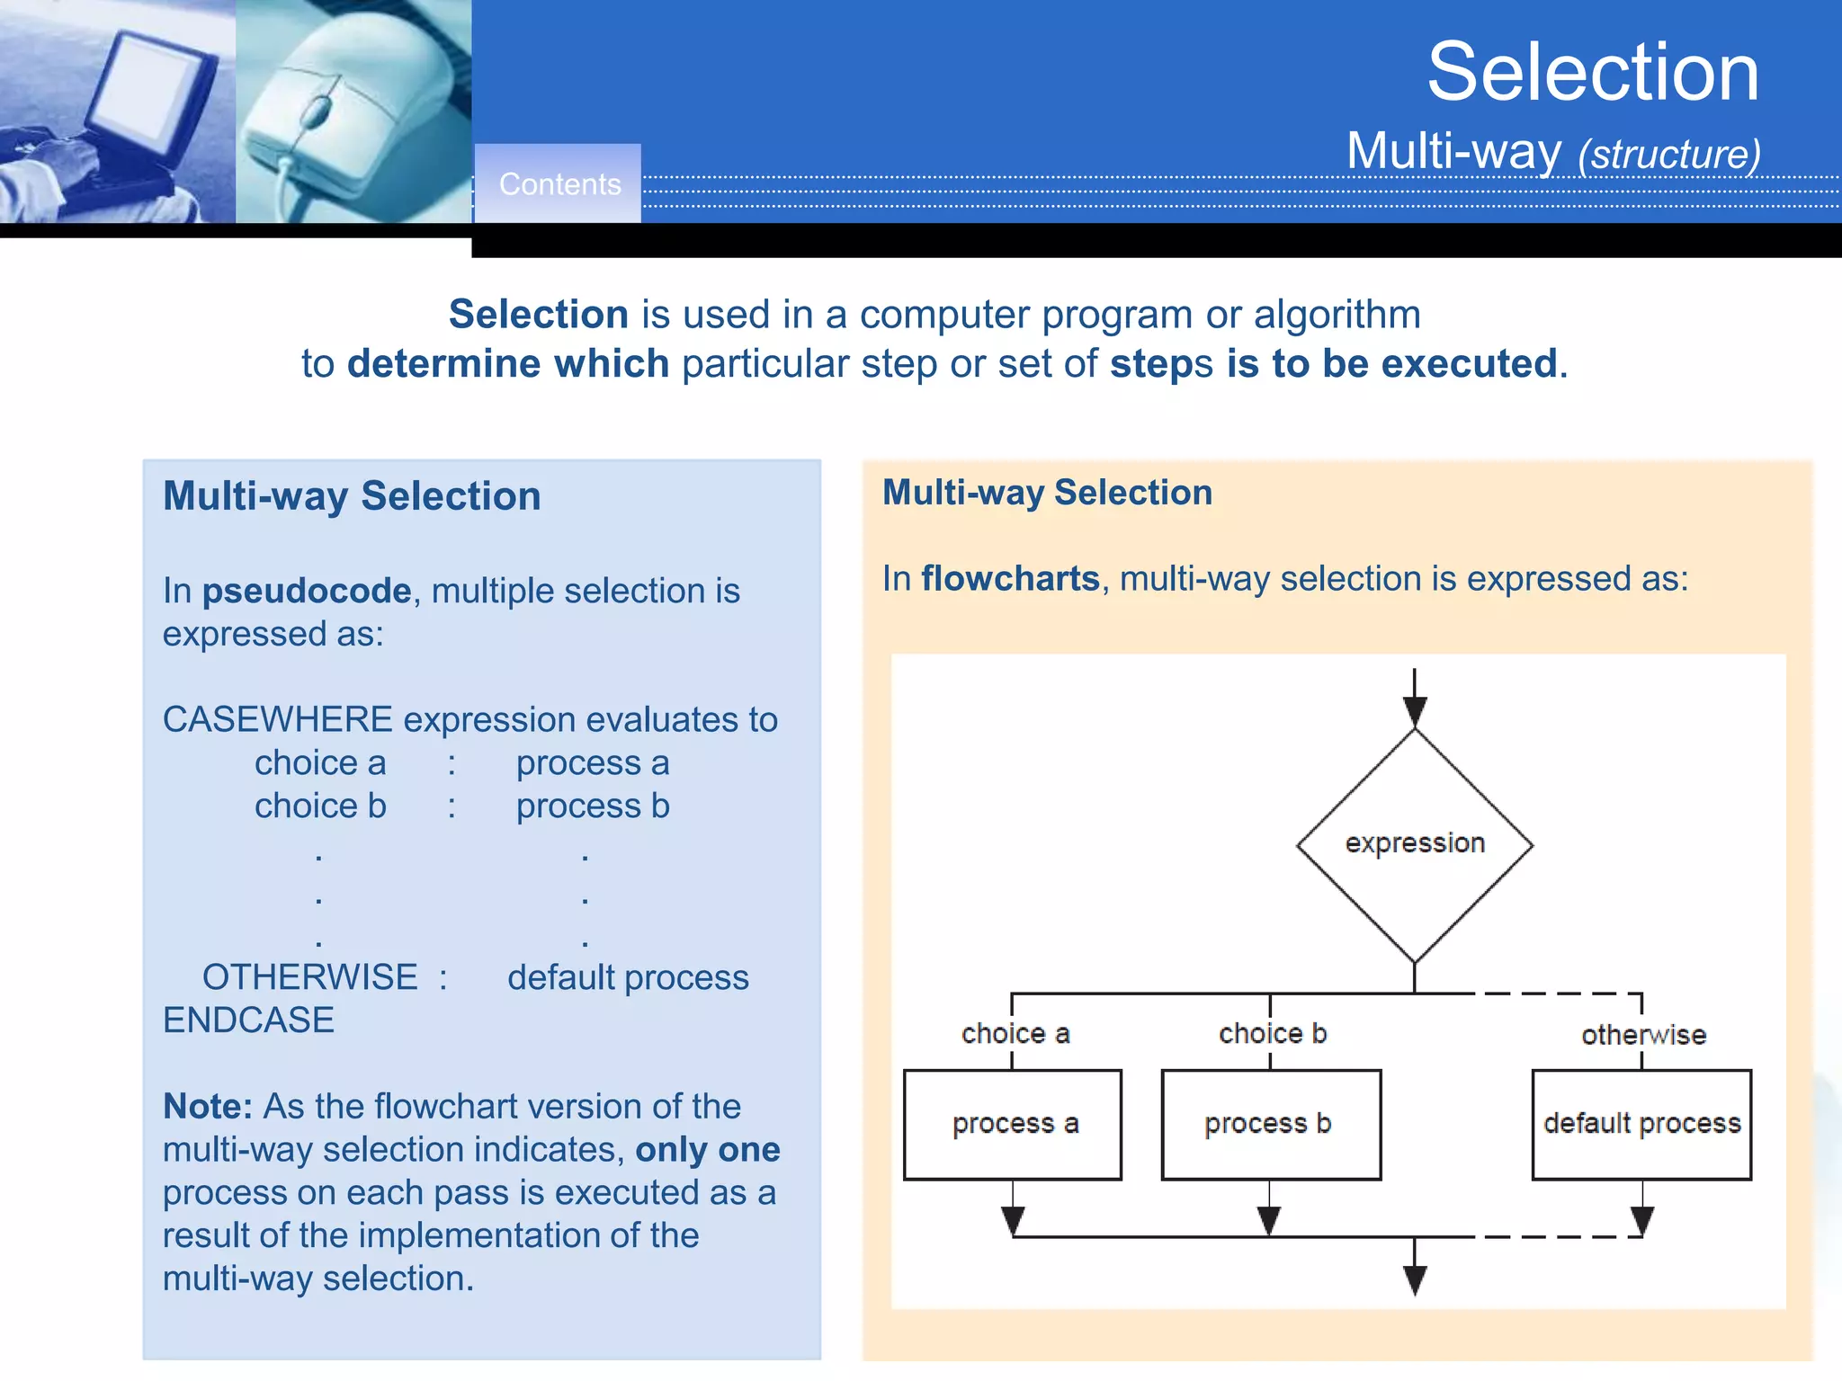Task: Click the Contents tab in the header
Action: [559, 184]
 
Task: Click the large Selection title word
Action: [1592, 72]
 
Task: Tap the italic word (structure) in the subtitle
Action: [1669, 154]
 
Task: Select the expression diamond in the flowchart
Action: [1415, 844]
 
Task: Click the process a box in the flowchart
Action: [1013, 1124]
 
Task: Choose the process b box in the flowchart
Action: [1270, 1124]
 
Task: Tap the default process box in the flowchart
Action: [1641, 1124]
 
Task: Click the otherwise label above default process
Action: [1643, 1035]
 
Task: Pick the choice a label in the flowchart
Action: [1015, 1034]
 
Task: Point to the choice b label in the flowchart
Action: [1272, 1034]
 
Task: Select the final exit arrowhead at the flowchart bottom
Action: [1415, 1279]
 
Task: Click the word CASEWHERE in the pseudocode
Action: [277, 719]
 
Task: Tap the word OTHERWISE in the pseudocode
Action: [309, 977]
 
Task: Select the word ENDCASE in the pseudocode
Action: [248, 1020]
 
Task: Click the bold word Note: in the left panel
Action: [207, 1106]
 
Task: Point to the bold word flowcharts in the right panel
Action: [1010, 579]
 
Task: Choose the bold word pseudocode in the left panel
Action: [306, 592]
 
